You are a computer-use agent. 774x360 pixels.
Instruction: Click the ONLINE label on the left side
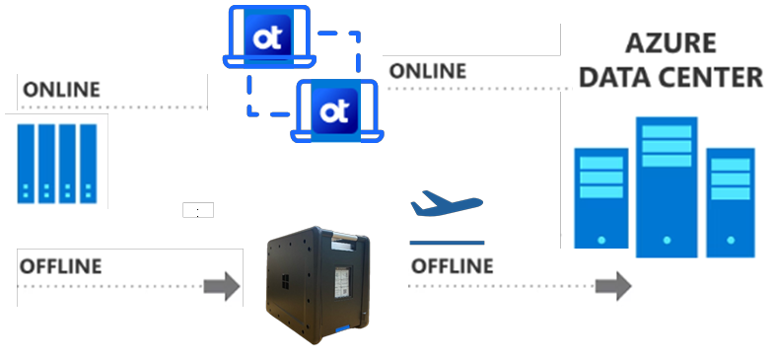coord(61,89)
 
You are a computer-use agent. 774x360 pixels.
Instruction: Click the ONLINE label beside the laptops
coord(428,71)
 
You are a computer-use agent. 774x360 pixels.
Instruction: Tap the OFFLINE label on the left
coord(61,265)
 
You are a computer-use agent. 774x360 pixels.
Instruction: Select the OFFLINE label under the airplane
coord(452,265)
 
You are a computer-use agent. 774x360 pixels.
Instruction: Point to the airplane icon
coord(446,205)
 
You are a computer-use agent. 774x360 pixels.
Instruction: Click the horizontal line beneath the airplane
coord(447,242)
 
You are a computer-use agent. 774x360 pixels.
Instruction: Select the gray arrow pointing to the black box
coord(221,286)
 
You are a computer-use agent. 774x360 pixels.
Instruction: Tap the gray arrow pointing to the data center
coord(612,286)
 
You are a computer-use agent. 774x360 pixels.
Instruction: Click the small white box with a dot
coord(198,210)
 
